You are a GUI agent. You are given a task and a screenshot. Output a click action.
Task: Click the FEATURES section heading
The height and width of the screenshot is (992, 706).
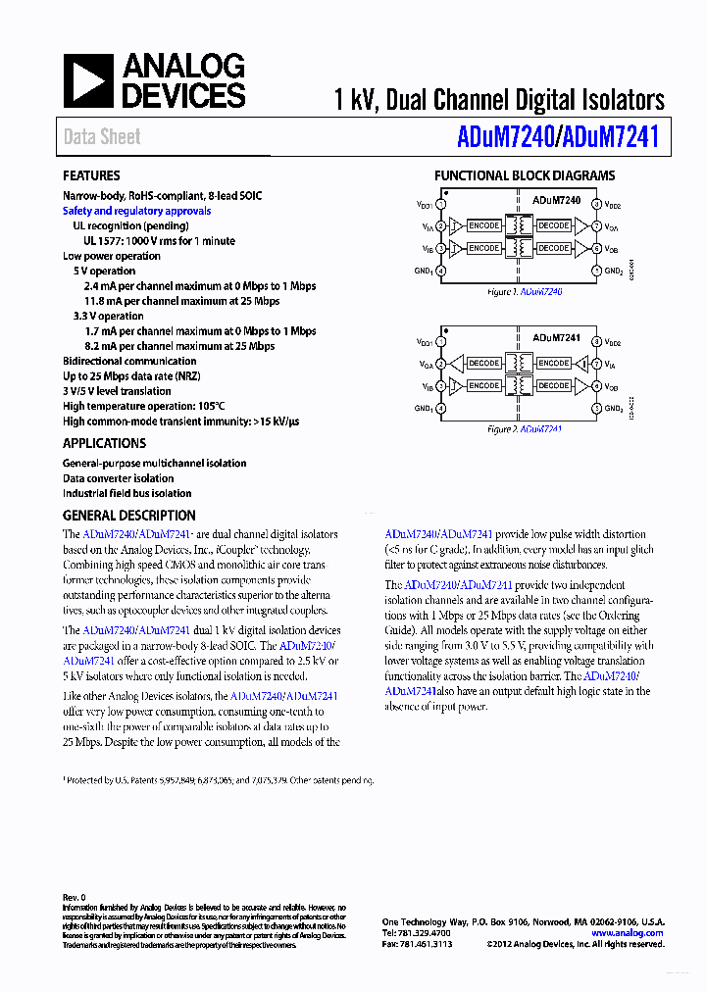coord(91,176)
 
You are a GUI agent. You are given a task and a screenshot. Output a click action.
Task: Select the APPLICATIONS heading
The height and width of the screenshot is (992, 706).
coord(104,443)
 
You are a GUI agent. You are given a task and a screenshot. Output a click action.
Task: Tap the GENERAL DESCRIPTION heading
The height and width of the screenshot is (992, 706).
coord(129,516)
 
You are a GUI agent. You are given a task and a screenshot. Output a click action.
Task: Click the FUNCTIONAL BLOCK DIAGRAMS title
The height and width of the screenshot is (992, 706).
coord(525,176)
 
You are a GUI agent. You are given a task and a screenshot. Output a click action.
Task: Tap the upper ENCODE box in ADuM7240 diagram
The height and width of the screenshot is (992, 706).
coord(483,226)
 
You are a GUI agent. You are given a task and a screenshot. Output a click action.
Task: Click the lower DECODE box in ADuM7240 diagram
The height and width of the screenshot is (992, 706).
coord(554,249)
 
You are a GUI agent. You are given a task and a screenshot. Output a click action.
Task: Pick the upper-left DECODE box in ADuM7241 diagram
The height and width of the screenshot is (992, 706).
coord(483,364)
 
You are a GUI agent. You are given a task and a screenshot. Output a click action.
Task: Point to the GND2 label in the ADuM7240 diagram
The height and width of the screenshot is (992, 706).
coord(614,272)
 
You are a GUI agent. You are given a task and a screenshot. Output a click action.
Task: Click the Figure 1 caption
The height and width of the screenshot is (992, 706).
coord(525,292)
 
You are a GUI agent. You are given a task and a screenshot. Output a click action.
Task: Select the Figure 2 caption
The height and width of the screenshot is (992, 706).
coord(525,429)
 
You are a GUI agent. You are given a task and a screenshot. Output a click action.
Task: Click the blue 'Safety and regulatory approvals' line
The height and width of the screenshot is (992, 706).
coord(136,211)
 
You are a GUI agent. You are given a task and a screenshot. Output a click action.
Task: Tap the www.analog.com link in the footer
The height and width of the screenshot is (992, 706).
coord(628,933)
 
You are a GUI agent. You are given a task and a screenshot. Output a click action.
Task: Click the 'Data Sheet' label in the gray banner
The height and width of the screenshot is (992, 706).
coord(102,137)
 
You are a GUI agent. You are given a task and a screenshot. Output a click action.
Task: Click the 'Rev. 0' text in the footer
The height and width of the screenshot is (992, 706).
coord(75,898)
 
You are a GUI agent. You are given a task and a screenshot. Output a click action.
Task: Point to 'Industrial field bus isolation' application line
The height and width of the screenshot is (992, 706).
coord(127,494)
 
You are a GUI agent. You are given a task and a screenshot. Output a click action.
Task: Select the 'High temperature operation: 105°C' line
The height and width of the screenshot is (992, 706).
coord(144,406)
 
